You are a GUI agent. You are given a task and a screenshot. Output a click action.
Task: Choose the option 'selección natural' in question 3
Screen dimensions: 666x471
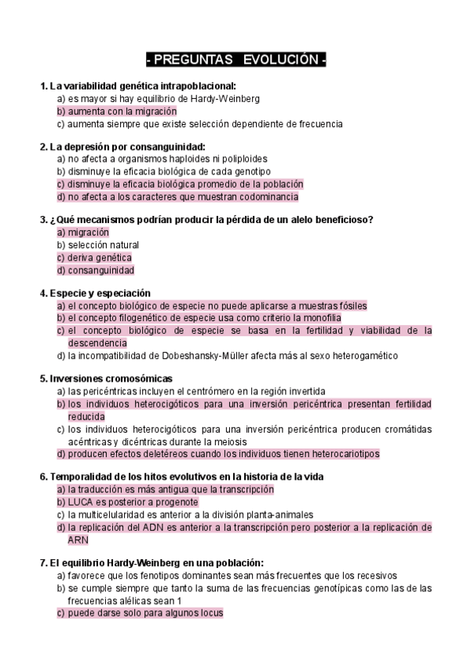pos(103,245)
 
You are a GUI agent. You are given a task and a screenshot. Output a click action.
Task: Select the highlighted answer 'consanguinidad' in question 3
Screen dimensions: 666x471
pos(101,270)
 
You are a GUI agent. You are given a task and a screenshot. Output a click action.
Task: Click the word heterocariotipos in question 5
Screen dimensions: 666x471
pos(324,453)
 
